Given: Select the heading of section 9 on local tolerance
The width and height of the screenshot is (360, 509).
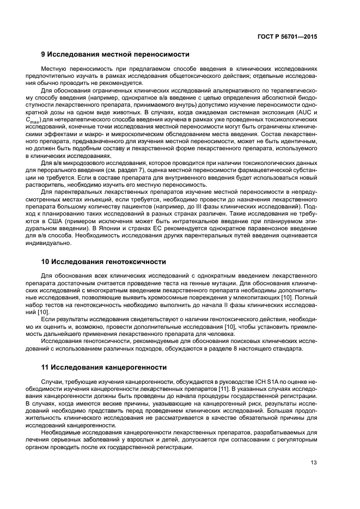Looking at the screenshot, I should tap(115, 54).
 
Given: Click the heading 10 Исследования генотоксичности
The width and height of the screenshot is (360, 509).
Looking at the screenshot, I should tap(103, 261).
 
